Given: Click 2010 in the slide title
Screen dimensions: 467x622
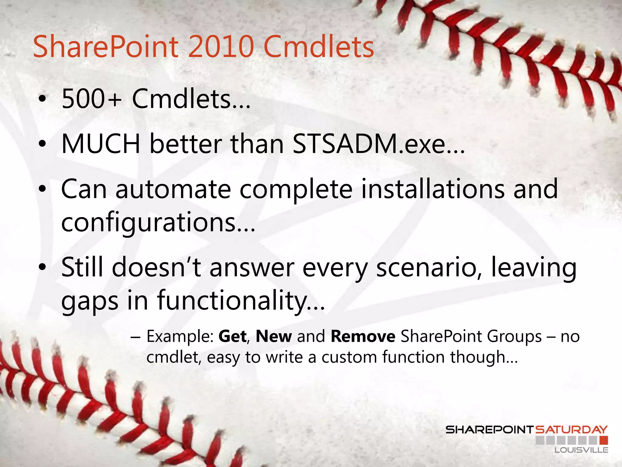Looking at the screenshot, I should coord(221,47).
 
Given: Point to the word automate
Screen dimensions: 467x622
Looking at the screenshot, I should coord(173,189).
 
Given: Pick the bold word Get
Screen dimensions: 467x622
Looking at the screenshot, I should coord(232,337).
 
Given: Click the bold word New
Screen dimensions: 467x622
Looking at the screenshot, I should coord(274,337).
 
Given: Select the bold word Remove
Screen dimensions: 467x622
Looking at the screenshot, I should coord(363,337).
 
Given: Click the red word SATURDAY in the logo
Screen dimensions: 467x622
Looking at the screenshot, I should coord(571,430).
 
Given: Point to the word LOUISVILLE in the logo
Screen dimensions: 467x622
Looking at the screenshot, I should coord(581,450).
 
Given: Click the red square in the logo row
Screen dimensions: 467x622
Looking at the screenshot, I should coord(604,440).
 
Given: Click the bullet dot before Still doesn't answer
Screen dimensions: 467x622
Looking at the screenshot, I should coord(43,267).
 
